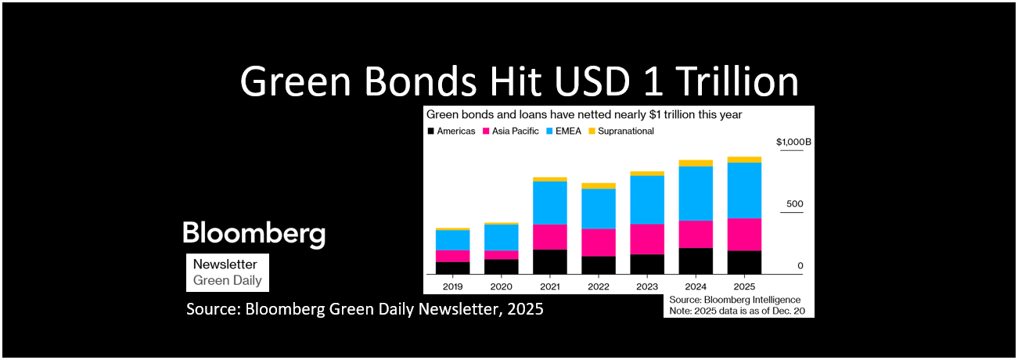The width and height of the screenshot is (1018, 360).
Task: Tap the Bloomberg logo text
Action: [254, 232]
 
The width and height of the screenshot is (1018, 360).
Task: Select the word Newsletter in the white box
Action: [225, 265]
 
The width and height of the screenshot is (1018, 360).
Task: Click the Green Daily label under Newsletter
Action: [227, 280]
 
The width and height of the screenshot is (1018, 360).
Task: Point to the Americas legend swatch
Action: [430, 131]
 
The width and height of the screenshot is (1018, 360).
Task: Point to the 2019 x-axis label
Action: [452, 286]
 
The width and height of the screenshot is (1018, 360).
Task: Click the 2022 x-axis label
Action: [599, 286]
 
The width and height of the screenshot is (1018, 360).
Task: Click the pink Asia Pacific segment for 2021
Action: [550, 236]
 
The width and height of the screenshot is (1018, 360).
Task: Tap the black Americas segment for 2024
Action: [696, 261]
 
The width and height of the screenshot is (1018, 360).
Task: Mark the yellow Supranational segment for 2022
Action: [599, 185]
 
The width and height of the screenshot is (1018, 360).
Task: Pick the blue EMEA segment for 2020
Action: [501, 237]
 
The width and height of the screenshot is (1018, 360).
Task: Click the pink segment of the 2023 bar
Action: [647, 239]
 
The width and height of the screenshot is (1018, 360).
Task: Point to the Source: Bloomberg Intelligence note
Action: [735, 300]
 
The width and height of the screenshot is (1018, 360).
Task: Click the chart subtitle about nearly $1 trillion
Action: [584, 114]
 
